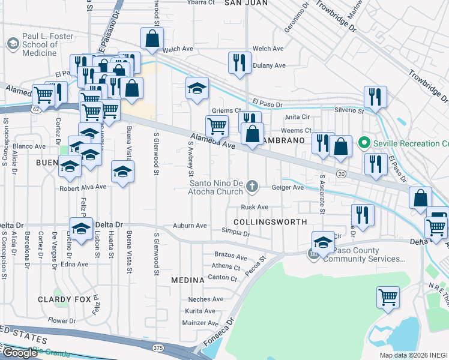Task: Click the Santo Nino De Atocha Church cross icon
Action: [252, 187]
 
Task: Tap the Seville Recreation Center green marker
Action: [363, 143]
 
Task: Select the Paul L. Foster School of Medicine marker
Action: [12, 44]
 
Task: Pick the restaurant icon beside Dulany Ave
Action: [240, 62]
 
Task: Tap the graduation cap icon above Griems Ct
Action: [197, 88]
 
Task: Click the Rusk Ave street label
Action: [254, 207]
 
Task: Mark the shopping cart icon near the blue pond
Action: [388, 296]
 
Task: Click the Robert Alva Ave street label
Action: [83, 187]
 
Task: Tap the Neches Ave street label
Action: [202, 299]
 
